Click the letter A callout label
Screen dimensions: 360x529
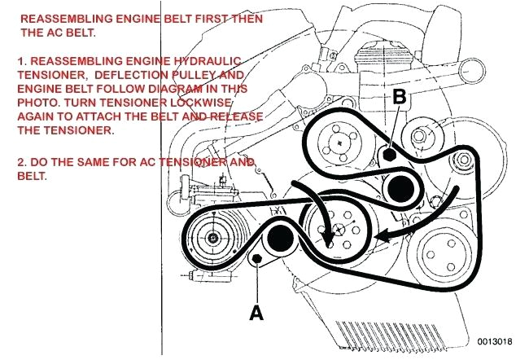pyautogui.click(x=256, y=311)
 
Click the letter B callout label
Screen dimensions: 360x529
pyautogui.click(x=399, y=96)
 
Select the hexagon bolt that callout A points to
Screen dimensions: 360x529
pyautogui.click(x=256, y=259)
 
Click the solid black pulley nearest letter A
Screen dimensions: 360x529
pyautogui.click(x=279, y=239)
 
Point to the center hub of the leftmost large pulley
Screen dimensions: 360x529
pyautogui.click(x=212, y=239)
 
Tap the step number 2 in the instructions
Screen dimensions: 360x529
pyautogui.click(x=20, y=161)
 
